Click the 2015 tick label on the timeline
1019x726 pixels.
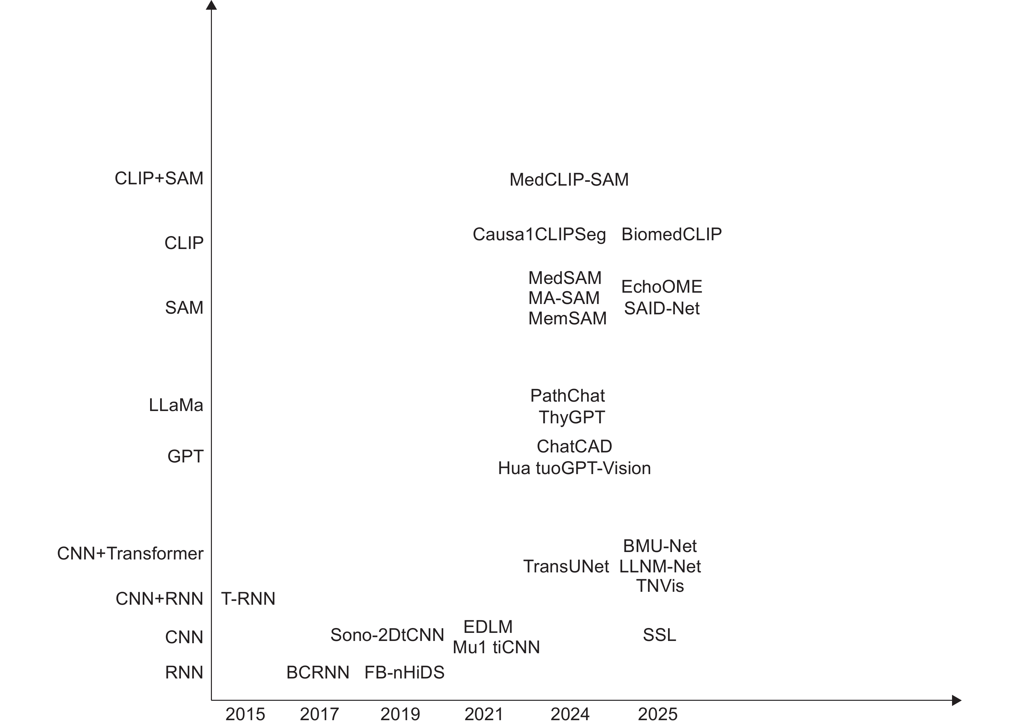[245, 714]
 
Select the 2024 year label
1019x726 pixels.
[570, 714]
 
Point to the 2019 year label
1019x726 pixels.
[400, 714]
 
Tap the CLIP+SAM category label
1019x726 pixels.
[159, 179]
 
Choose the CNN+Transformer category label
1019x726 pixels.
[130, 553]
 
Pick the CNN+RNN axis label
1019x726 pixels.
[159, 599]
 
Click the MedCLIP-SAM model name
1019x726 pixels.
[569, 180]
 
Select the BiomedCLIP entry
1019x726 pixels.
[671, 234]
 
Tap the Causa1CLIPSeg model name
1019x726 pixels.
[539, 234]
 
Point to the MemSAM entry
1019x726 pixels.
[567, 318]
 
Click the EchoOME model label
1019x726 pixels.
[661, 287]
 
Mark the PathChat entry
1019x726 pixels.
[567, 396]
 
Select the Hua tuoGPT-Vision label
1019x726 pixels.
[574, 468]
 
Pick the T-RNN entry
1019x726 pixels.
[248, 599]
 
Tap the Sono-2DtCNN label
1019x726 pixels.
[387, 635]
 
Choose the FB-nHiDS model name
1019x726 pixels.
[404, 672]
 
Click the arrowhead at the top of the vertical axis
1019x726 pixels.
[211, 5]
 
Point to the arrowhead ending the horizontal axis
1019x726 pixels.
[956, 700]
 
